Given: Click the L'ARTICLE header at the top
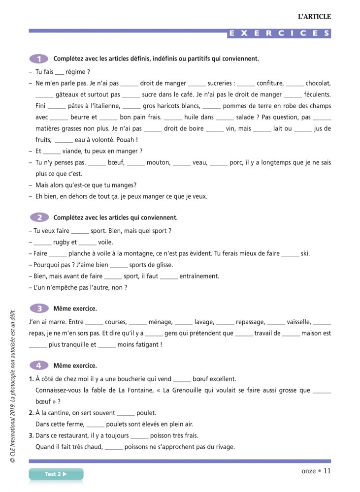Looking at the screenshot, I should pyautogui.click(x=314, y=17).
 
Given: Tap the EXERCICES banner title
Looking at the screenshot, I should pyautogui.click(x=279, y=33).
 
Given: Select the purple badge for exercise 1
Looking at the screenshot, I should pyautogui.click(x=39, y=59).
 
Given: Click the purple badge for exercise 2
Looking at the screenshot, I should pyautogui.click(x=39, y=217).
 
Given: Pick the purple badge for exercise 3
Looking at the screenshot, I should pyautogui.click(x=39, y=308).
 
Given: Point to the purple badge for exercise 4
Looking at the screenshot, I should pyautogui.click(x=39, y=366).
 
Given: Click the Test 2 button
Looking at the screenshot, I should pyautogui.click(x=56, y=474).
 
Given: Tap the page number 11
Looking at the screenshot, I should pyautogui.click(x=327, y=471).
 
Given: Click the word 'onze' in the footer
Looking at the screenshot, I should pyautogui.click(x=308, y=471).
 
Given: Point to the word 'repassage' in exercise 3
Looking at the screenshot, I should pyautogui.click(x=250, y=322).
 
